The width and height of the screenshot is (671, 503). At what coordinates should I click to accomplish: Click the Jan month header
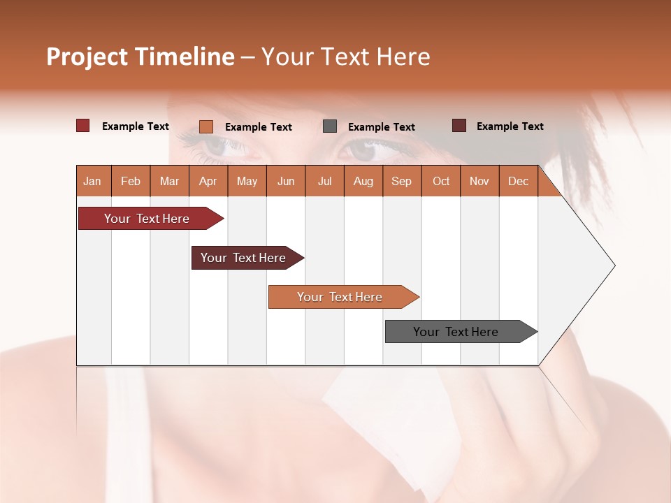(x=93, y=182)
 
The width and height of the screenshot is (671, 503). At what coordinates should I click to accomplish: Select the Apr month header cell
(x=208, y=182)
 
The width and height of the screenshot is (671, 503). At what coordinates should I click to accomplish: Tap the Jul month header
(x=325, y=182)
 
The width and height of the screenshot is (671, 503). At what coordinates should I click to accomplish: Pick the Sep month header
(x=402, y=182)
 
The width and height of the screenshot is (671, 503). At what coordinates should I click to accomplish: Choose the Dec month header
(x=519, y=182)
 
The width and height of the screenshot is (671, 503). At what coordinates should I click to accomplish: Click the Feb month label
(x=131, y=182)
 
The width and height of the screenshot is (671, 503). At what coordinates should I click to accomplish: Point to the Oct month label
(x=441, y=182)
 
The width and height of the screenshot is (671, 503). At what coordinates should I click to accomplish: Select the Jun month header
(x=286, y=182)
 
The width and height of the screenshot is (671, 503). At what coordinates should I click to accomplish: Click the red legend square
(x=83, y=126)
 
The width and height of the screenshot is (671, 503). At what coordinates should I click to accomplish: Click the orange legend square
(x=206, y=126)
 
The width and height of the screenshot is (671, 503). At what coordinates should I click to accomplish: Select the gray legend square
(x=330, y=126)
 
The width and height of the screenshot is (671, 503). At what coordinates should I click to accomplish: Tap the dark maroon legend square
(x=459, y=126)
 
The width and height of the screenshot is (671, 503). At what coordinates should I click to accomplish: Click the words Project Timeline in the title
(x=140, y=57)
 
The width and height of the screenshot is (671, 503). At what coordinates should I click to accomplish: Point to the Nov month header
(x=479, y=182)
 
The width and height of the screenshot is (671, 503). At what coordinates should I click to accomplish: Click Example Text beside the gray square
(x=382, y=127)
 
